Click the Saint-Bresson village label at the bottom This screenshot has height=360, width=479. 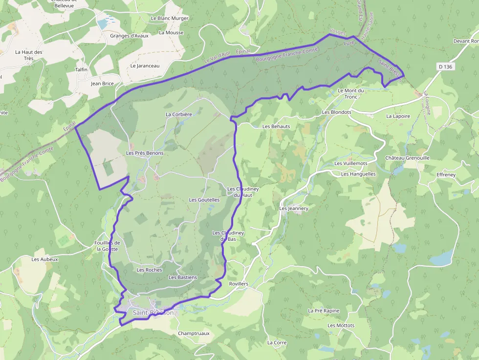point(152,313)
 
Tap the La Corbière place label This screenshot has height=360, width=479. point(179,114)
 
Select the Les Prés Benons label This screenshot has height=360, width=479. point(145,153)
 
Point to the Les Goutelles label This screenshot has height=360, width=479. point(204,200)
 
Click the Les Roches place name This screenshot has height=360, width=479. point(149,270)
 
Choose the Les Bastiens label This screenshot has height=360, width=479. point(183,277)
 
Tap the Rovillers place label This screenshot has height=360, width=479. point(239,284)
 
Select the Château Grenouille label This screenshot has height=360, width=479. point(407,158)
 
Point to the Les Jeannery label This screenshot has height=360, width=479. point(294,209)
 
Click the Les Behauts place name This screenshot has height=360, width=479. point(276,127)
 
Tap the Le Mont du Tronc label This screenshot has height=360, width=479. point(351,93)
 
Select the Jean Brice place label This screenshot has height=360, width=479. point(102,84)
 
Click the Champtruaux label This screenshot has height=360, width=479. point(194,334)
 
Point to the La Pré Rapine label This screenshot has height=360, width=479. point(324,311)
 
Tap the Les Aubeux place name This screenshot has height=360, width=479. point(45,259)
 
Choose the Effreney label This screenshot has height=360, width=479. point(446,175)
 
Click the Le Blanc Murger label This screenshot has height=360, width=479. point(170,18)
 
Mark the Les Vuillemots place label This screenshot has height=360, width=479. point(351,163)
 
